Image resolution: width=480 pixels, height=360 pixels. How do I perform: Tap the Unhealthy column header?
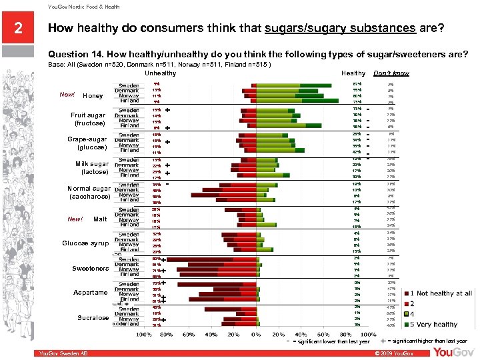tap(161, 73)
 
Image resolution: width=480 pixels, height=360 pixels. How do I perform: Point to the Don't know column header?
tap(391, 73)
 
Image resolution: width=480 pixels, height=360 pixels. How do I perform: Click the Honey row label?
tap(93, 96)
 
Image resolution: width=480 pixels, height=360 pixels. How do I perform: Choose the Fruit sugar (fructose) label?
tap(88, 119)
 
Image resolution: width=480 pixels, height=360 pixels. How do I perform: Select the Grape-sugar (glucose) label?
tap(88, 143)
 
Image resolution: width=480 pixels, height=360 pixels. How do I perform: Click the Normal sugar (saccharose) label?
tap(89, 193)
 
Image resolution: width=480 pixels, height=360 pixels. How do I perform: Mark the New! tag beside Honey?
tap(67, 95)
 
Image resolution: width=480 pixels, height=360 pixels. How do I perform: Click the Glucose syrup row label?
tap(85, 243)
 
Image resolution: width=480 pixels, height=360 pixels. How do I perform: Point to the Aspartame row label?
tap(91, 293)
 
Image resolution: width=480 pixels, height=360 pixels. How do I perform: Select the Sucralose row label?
tap(93, 318)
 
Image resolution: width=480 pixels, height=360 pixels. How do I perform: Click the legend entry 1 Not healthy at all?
tap(444, 293)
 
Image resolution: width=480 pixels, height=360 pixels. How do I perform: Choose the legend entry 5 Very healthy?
tap(437, 325)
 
